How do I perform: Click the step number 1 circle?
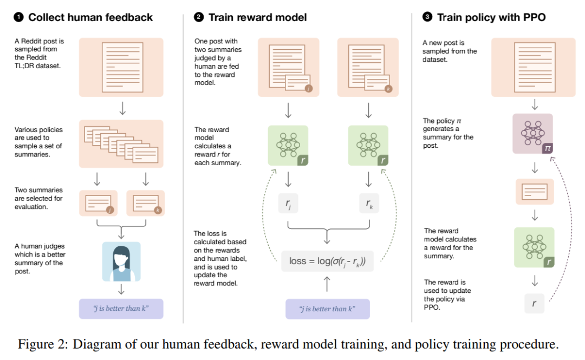(19, 17)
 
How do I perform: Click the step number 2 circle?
(199, 17)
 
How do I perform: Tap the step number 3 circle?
(427, 17)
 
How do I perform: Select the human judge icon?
(121, 261)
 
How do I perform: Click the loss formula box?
(327, 261)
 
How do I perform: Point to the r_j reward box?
(288, 204)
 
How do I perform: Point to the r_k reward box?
(368, 204)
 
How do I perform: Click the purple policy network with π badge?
(532, 134)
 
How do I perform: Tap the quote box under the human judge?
(121, 309)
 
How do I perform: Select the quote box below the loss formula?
(327, 309)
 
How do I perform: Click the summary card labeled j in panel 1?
(98, 204)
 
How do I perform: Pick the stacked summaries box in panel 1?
(121, 143)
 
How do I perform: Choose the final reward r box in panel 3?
(534, 303)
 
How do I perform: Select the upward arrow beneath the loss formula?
(327, 284)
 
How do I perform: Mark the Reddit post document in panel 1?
(121, 67)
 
